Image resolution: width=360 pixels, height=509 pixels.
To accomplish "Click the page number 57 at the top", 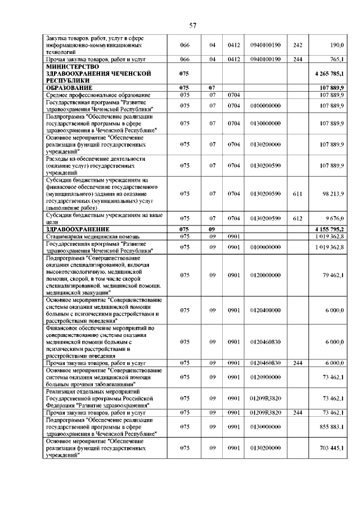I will pyautogui.click(x=192, y=25).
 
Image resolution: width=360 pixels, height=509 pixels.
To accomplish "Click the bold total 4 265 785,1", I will pyautogui.click(x=331, y=73).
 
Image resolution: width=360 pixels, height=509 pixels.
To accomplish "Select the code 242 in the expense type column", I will pyautogui.click(x=298, y=44).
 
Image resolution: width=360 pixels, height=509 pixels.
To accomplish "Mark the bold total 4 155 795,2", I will pyautogui.click(x=331, y=229).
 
